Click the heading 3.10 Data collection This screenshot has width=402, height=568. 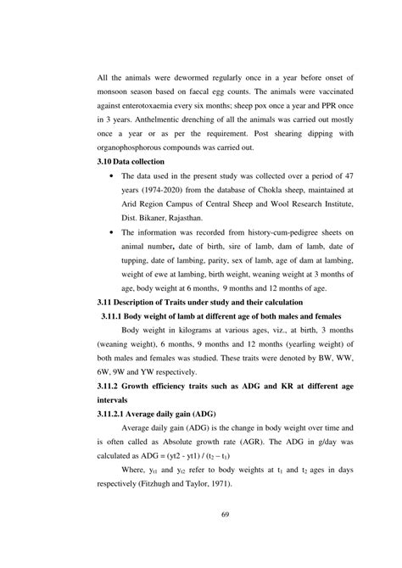coord(131,185)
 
